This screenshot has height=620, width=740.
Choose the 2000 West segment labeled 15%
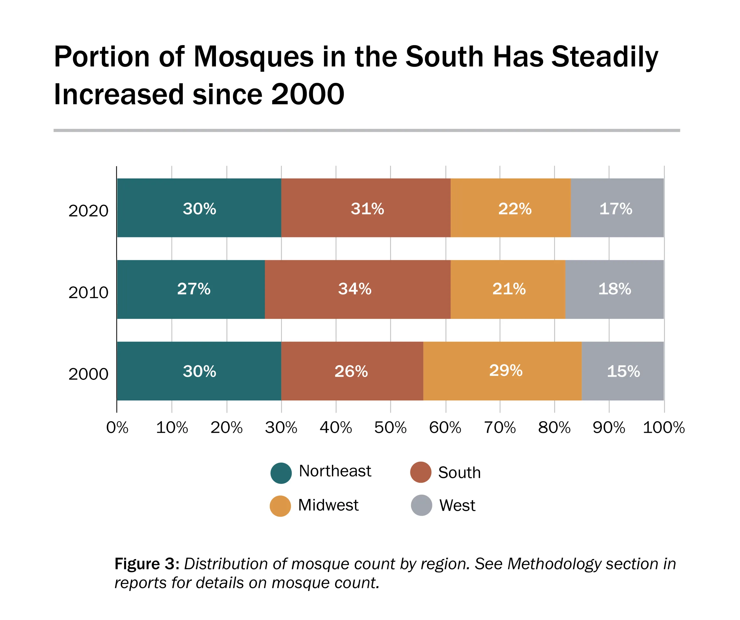[x=623, y=371]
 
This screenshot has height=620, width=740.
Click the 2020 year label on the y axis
[x=88, y=211]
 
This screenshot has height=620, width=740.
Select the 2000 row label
[x=88, y=374]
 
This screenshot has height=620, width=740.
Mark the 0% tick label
[x=117, y=428]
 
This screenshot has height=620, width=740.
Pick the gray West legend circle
[x=421, y=505]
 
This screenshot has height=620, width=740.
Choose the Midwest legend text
[x=328, y=505]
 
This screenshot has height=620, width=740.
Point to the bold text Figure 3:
[x=147, y=564]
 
